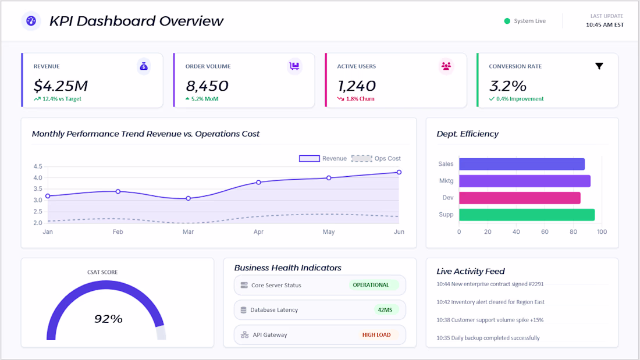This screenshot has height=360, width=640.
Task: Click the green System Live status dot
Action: pyautogui.click(x=507, y=21)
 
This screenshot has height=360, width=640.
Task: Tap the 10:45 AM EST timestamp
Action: pyautogui.click(x=605, y=25)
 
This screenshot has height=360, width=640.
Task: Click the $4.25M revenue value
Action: pyautogui.click(x=61, y=86)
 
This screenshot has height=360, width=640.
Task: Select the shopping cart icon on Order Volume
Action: pyautogui.click(x=295, y=66)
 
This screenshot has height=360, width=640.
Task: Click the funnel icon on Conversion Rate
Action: pyautogui.click(x=599, y=66)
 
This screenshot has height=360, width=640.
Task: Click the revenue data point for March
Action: pyautogui.click(x=188, y=198)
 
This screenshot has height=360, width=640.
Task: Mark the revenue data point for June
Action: pyautogui.click(x=399, y=172)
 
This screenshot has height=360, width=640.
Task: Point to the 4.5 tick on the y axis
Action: pyautogui.click(x=38, y=166)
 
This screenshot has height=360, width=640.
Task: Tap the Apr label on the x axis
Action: pyautogui.click(x=258, y=232)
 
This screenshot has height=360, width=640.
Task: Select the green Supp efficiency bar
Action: pyautogui.click(x=527, y=215)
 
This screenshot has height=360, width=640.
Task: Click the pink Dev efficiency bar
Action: pyautogui.click(x=520, y=198)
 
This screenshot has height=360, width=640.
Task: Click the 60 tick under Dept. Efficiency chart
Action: pyautogui.click(x=545, y=232)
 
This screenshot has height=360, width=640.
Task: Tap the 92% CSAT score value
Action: pyautogui.click(x=108, y=319)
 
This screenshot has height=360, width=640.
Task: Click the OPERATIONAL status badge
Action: pyautogui.click(x=371, y=285)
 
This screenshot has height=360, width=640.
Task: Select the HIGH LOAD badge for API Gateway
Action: pyautogui.click(x=376, y=335)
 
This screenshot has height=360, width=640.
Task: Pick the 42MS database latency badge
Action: pyautogui.click(x=385, y=310)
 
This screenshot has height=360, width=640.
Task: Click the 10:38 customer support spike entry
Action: pyautogui.click(x=490, y=320)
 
